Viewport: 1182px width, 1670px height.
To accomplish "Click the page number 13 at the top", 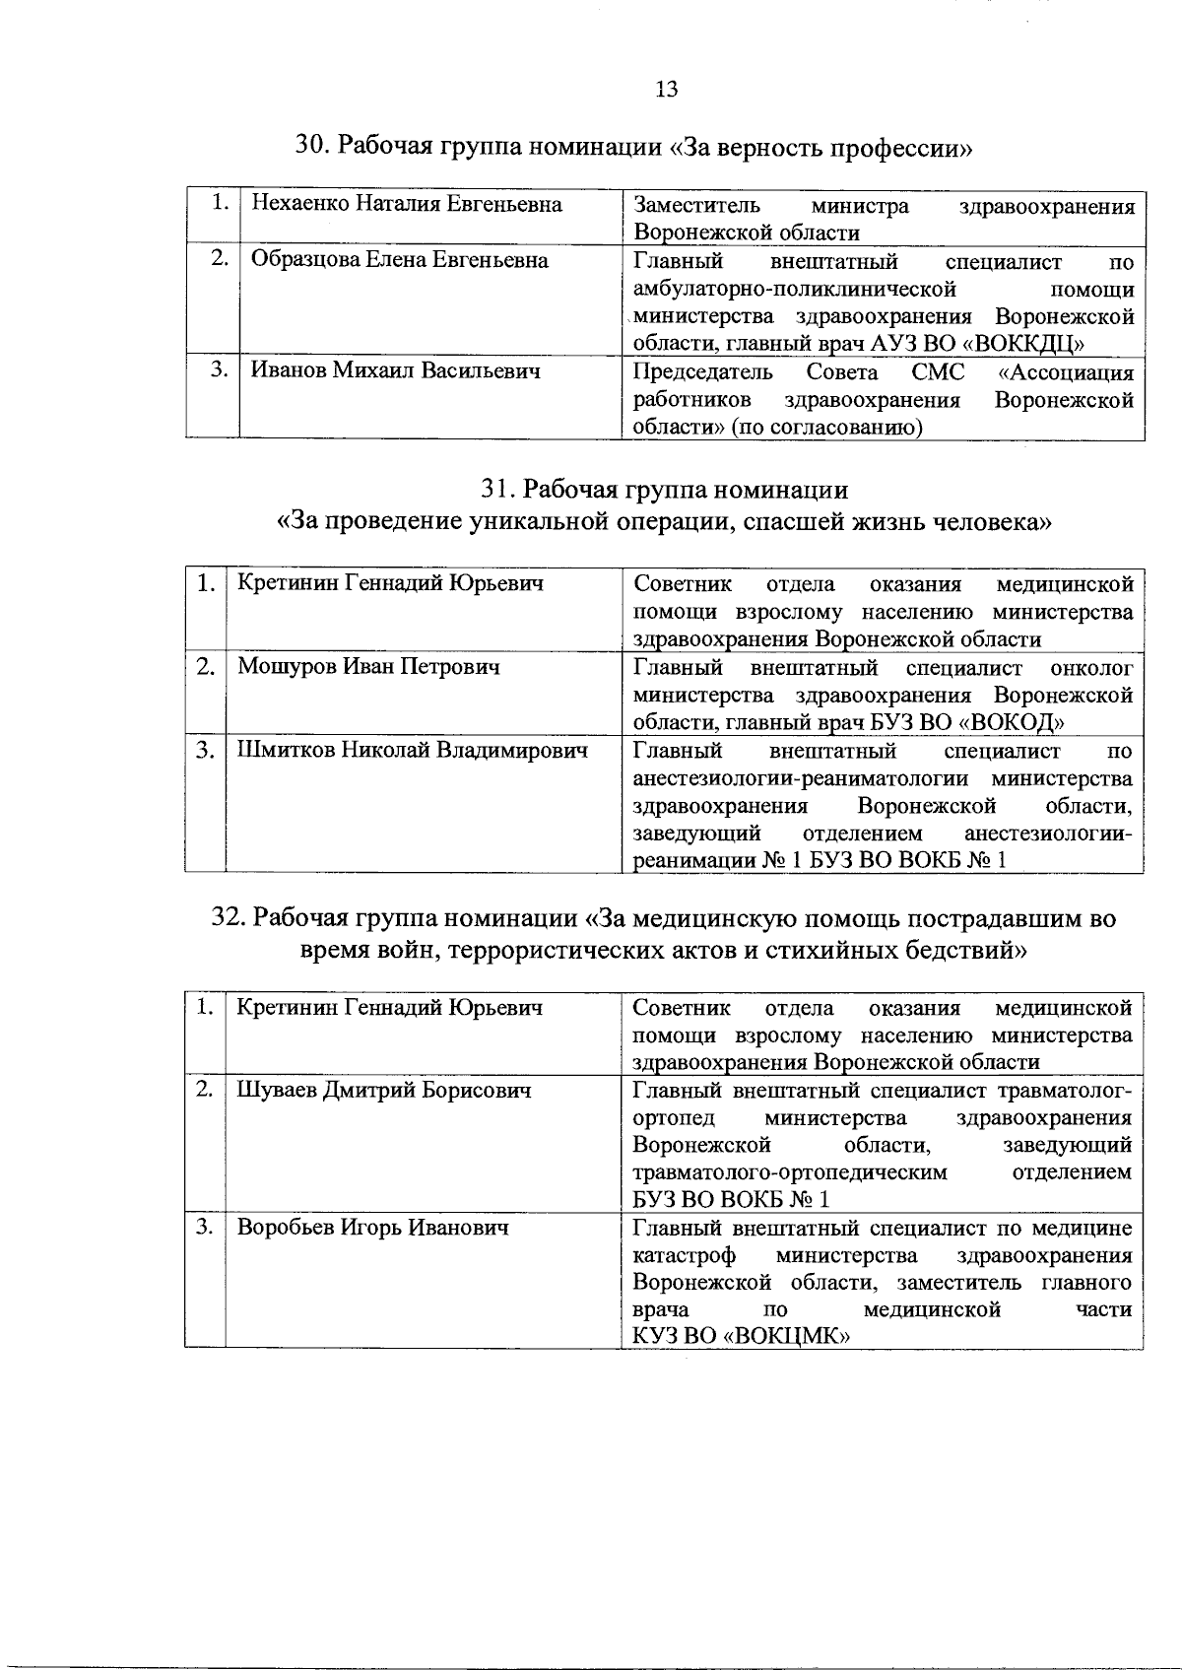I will click(x=666, y=90).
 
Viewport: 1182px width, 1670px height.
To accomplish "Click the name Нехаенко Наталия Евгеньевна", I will click(x=407, y=205).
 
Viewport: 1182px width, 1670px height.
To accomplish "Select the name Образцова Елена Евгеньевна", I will click(x=400, y=260).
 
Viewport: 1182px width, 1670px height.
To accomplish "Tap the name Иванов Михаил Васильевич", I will click(x=396, y=370).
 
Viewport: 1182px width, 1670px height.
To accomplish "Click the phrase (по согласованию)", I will click(x=825, y=428).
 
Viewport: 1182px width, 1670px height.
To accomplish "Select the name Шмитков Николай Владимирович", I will click(x=413, y=751).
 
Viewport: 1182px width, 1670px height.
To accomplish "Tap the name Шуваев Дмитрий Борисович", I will click(x=384, y=1091).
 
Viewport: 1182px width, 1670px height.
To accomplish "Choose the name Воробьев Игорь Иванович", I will click(x=373, y=1228).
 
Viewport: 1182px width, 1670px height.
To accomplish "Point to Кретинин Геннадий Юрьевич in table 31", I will click(x=390, y=583).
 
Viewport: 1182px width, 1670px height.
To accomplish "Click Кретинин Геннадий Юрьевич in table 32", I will click(x=389, y=1008).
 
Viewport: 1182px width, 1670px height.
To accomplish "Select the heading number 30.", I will click(x=313, y=148).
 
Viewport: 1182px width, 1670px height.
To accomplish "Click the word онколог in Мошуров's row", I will click(x=1091, y=668).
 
